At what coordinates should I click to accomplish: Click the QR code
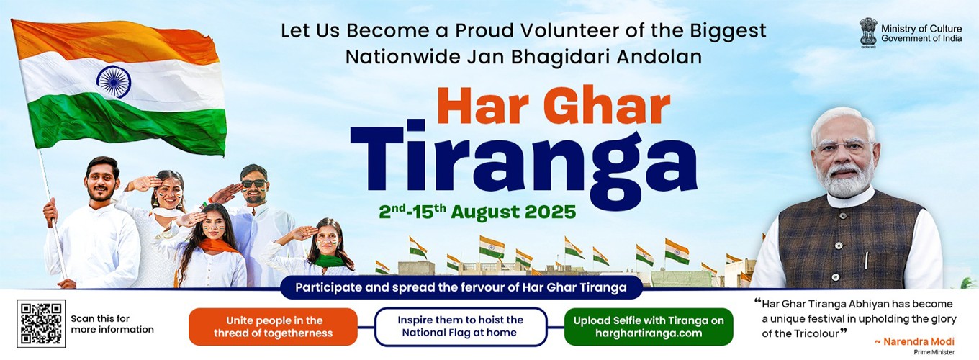pos(41,323)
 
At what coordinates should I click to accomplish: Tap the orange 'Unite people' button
pos(273,327)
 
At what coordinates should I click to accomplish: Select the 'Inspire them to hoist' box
pos(461,327)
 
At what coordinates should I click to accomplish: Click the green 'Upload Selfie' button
pos(648,327)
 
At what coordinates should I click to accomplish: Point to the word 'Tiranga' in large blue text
pos(523,161)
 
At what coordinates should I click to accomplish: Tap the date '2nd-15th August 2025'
pos(477,212)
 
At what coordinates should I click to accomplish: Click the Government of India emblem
pos(868,32)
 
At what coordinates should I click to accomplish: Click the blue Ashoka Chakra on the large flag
pos(113,81)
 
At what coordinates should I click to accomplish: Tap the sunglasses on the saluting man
pos(253,184)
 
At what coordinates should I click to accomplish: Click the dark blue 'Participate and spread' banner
pos(461,287)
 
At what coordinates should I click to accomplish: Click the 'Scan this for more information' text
pos(112,324)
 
